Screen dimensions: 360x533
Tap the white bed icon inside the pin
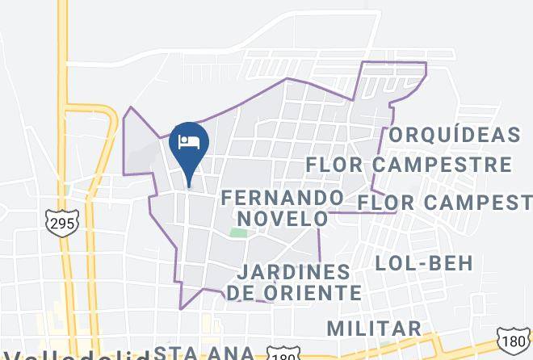189,142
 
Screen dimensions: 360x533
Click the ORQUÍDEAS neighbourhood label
454,135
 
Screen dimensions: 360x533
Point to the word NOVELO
282,218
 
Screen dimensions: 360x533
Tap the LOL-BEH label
424,262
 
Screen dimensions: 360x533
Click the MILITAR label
374,328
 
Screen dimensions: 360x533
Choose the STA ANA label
204,353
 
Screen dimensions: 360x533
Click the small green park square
238,233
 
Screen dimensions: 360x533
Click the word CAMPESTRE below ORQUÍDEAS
447,165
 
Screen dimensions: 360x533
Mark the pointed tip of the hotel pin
189,186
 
